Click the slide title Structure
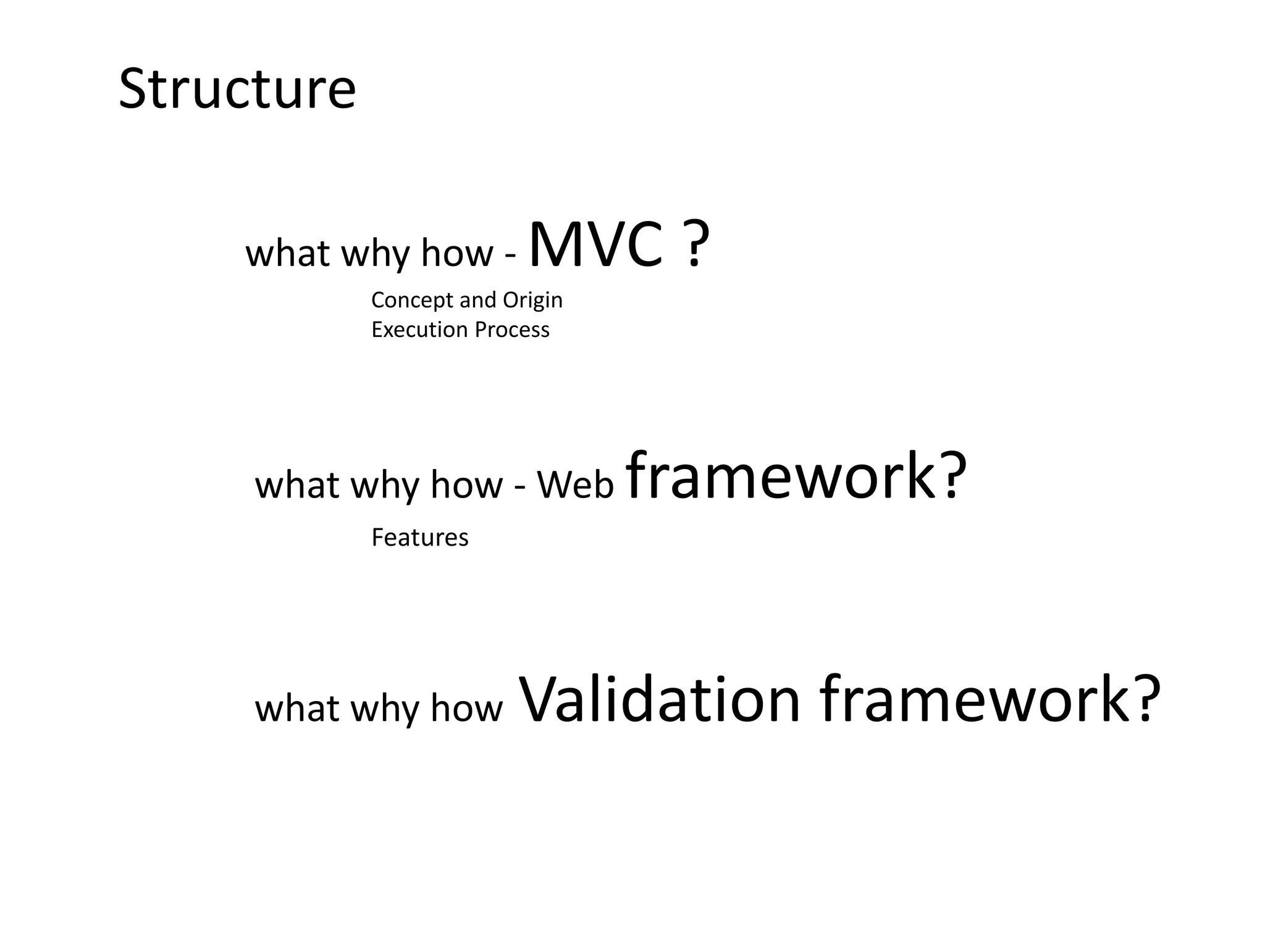pos(237,89)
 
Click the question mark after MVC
pos(696,245)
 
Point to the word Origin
pos(532,301)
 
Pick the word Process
pos(512,330)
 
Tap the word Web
pos(576,485)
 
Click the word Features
pos(420,538)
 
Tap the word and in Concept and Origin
pos(478,301)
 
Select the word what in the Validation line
pos(297,708)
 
